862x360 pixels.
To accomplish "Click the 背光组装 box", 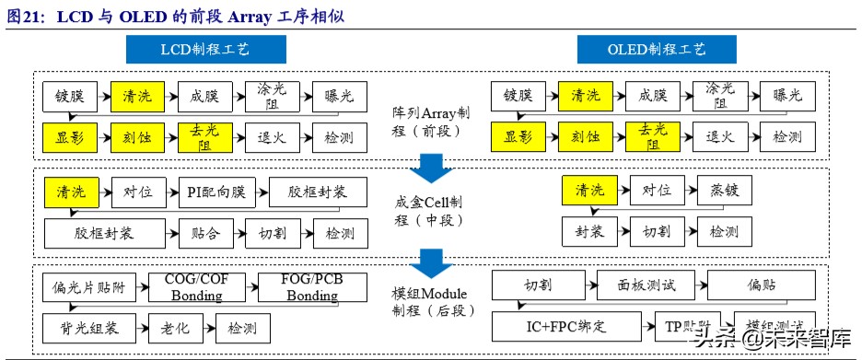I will pos(88,326).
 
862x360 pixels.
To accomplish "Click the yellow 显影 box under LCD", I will pos(69,137).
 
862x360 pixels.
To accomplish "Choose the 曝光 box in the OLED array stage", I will pos(786,95).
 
